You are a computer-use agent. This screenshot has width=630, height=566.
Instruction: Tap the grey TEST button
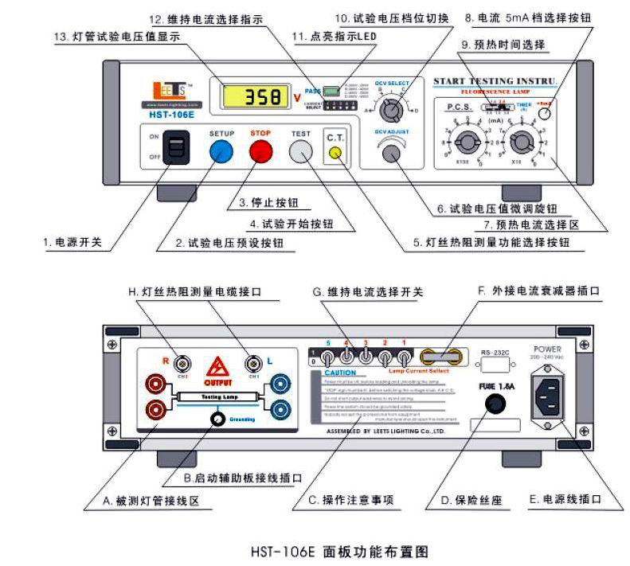click(x=300, y=150)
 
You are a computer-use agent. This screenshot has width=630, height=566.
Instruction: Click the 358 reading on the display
click(x=253, y=97)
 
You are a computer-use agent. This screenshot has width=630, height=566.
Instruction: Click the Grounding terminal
click(x=216, y=420)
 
